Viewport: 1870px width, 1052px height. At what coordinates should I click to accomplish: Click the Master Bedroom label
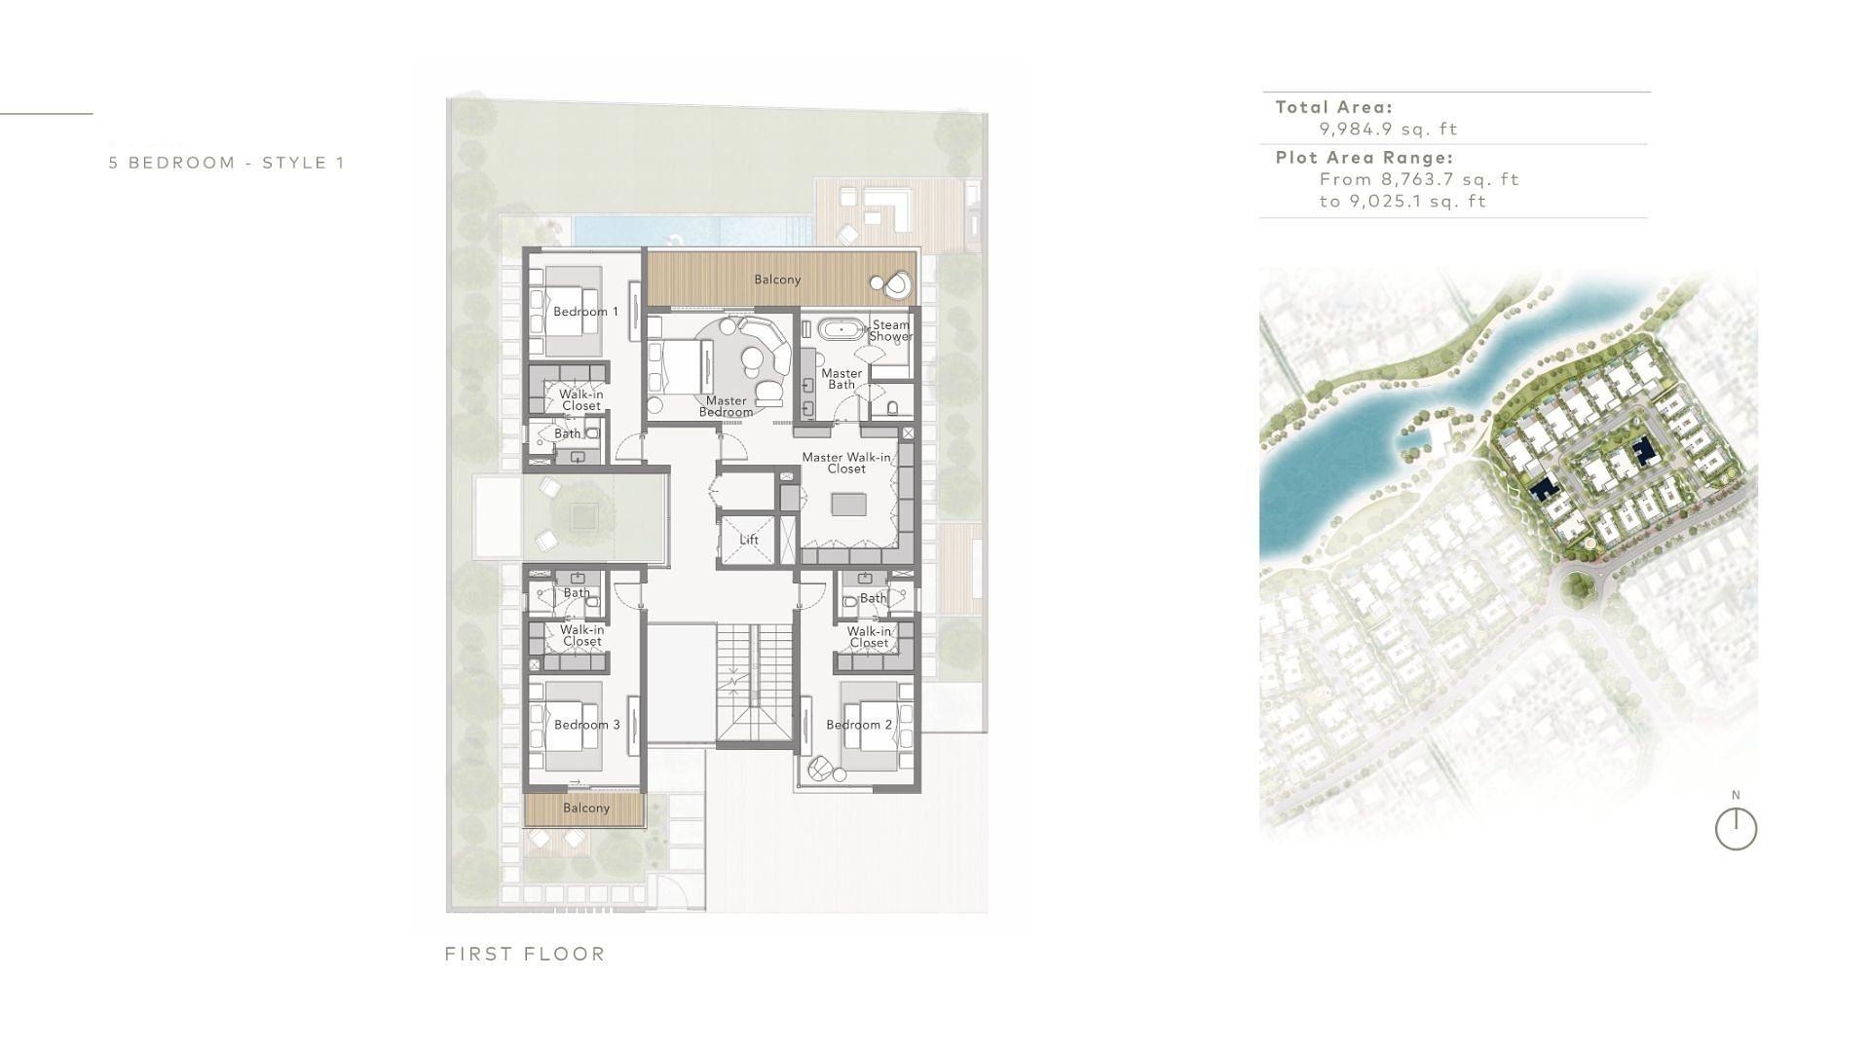[726, 406]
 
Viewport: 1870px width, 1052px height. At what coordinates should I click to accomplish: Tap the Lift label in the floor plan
[748, 540]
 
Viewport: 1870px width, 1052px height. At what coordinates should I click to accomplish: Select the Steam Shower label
[890, 330]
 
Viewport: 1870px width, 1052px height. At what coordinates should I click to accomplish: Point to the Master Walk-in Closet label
[846, 463]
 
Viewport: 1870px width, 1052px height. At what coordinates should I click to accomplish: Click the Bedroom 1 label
[585, 312]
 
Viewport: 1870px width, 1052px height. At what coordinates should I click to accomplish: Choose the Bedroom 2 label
[859, 725]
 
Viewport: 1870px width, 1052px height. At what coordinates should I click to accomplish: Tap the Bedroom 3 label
[586, 725]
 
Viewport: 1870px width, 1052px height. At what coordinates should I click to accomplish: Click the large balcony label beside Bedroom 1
[777, 280]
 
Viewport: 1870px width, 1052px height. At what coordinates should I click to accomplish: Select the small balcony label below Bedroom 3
[586, 808]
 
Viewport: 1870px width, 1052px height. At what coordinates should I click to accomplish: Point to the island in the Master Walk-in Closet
[848, 505]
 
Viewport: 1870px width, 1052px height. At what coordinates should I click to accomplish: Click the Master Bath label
[841, 379]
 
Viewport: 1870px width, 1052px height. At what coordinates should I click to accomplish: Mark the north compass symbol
[1736, 830]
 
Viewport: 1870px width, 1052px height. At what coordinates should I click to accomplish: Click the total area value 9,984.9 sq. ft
[1388, 129]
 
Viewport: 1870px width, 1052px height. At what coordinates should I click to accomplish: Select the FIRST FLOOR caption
[525, 954]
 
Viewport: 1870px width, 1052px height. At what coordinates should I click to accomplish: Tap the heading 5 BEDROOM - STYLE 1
[227, 163]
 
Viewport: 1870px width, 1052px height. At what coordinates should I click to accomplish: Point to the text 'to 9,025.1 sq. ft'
[1402, 202]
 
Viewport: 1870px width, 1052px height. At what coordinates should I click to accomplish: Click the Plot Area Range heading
[1365, 158]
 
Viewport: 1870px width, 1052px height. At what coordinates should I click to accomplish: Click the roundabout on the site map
[1577, 587]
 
